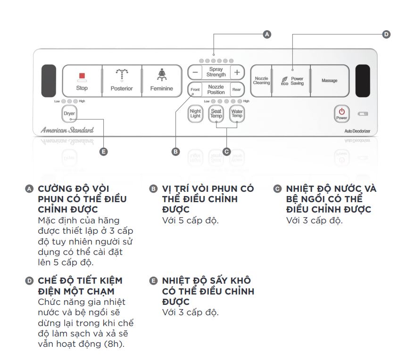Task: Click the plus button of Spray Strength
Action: pos(237,72)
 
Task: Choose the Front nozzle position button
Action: pos(195,90)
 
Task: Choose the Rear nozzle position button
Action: pos(237,90)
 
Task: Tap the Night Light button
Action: pos(195,114)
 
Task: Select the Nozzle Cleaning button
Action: pos(261,81)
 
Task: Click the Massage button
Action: pos(330,81)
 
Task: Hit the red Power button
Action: pos(342,113)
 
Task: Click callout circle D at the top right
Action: pos(386,34)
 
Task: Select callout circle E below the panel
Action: pos(104,152)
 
